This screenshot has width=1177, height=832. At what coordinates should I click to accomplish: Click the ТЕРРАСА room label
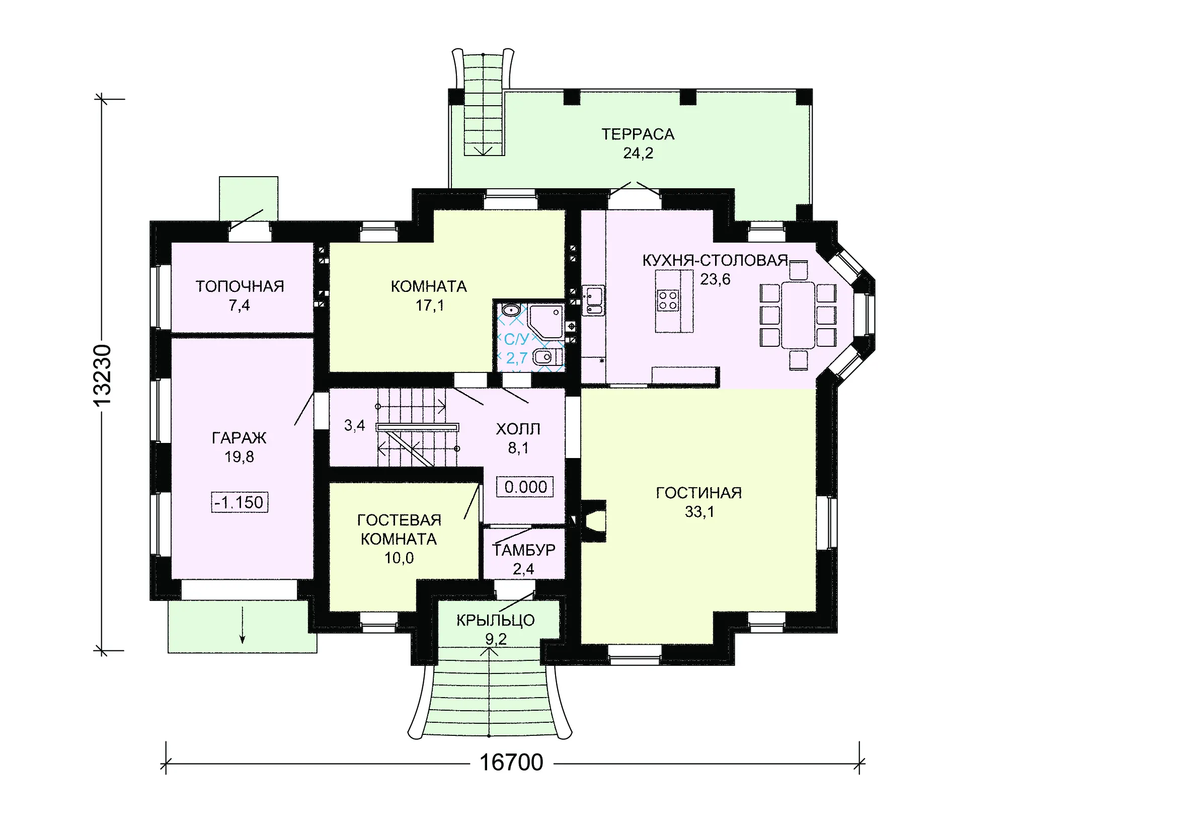click(638, 134)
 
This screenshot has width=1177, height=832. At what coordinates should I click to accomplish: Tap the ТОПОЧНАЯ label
click(240, 286)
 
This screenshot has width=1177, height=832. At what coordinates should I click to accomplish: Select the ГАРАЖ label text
click(239, 438)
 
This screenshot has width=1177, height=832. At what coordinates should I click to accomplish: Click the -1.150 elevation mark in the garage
click(240, 502)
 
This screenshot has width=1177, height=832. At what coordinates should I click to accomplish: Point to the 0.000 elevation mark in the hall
click(525, 487)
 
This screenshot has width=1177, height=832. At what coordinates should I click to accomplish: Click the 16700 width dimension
click(511, 762)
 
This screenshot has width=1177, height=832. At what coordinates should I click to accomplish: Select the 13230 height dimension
click(102, 376)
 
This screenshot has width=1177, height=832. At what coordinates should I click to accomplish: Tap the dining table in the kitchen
click(798, 315)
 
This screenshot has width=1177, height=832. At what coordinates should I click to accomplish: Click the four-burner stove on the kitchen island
click(667, 300)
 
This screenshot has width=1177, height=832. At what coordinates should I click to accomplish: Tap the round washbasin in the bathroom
click(511, 310)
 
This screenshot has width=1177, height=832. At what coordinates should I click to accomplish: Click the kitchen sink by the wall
click(594, 301)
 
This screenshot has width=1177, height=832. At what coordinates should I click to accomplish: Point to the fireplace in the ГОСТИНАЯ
click(593, 521)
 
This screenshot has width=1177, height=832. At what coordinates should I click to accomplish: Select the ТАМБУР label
click(523, 550)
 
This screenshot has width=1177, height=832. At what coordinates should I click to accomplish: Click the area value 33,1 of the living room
click(699, 511)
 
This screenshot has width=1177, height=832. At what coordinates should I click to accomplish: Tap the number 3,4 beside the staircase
click(354, 425)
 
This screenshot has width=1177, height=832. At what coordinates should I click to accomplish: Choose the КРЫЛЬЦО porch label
click(495, 620)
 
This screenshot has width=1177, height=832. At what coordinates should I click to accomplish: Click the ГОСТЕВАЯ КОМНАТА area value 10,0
click(399, 558)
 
